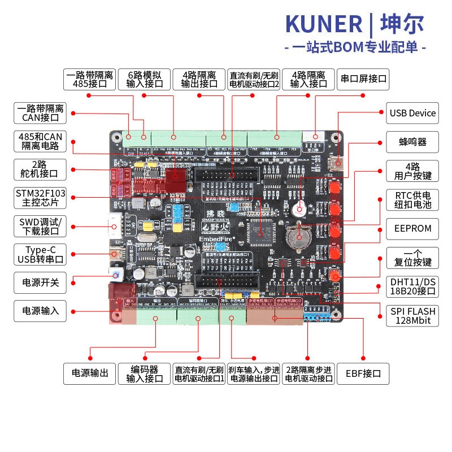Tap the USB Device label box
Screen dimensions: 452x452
pos(412,113)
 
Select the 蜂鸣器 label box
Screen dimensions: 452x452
pos(412,141)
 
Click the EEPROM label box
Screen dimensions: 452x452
pos(412,228)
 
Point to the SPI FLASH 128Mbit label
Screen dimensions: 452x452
pos(412,316)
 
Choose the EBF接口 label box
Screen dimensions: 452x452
pos(363,373)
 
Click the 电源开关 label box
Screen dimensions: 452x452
pos(40,282)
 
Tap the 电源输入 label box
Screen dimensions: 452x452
pos(40,311)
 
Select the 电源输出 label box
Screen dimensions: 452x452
pos(89,373)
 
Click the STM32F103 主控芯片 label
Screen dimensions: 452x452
pos(40,198)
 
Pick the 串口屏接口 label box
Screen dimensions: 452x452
pos(363,79)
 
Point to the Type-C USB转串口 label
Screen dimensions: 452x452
pos(40,255)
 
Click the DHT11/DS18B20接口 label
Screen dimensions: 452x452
pos(412,286)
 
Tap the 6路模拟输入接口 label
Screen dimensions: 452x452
pos(145,79)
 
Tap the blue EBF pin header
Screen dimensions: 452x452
pos(318,318)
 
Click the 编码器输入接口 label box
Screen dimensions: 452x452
pos(145,373)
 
